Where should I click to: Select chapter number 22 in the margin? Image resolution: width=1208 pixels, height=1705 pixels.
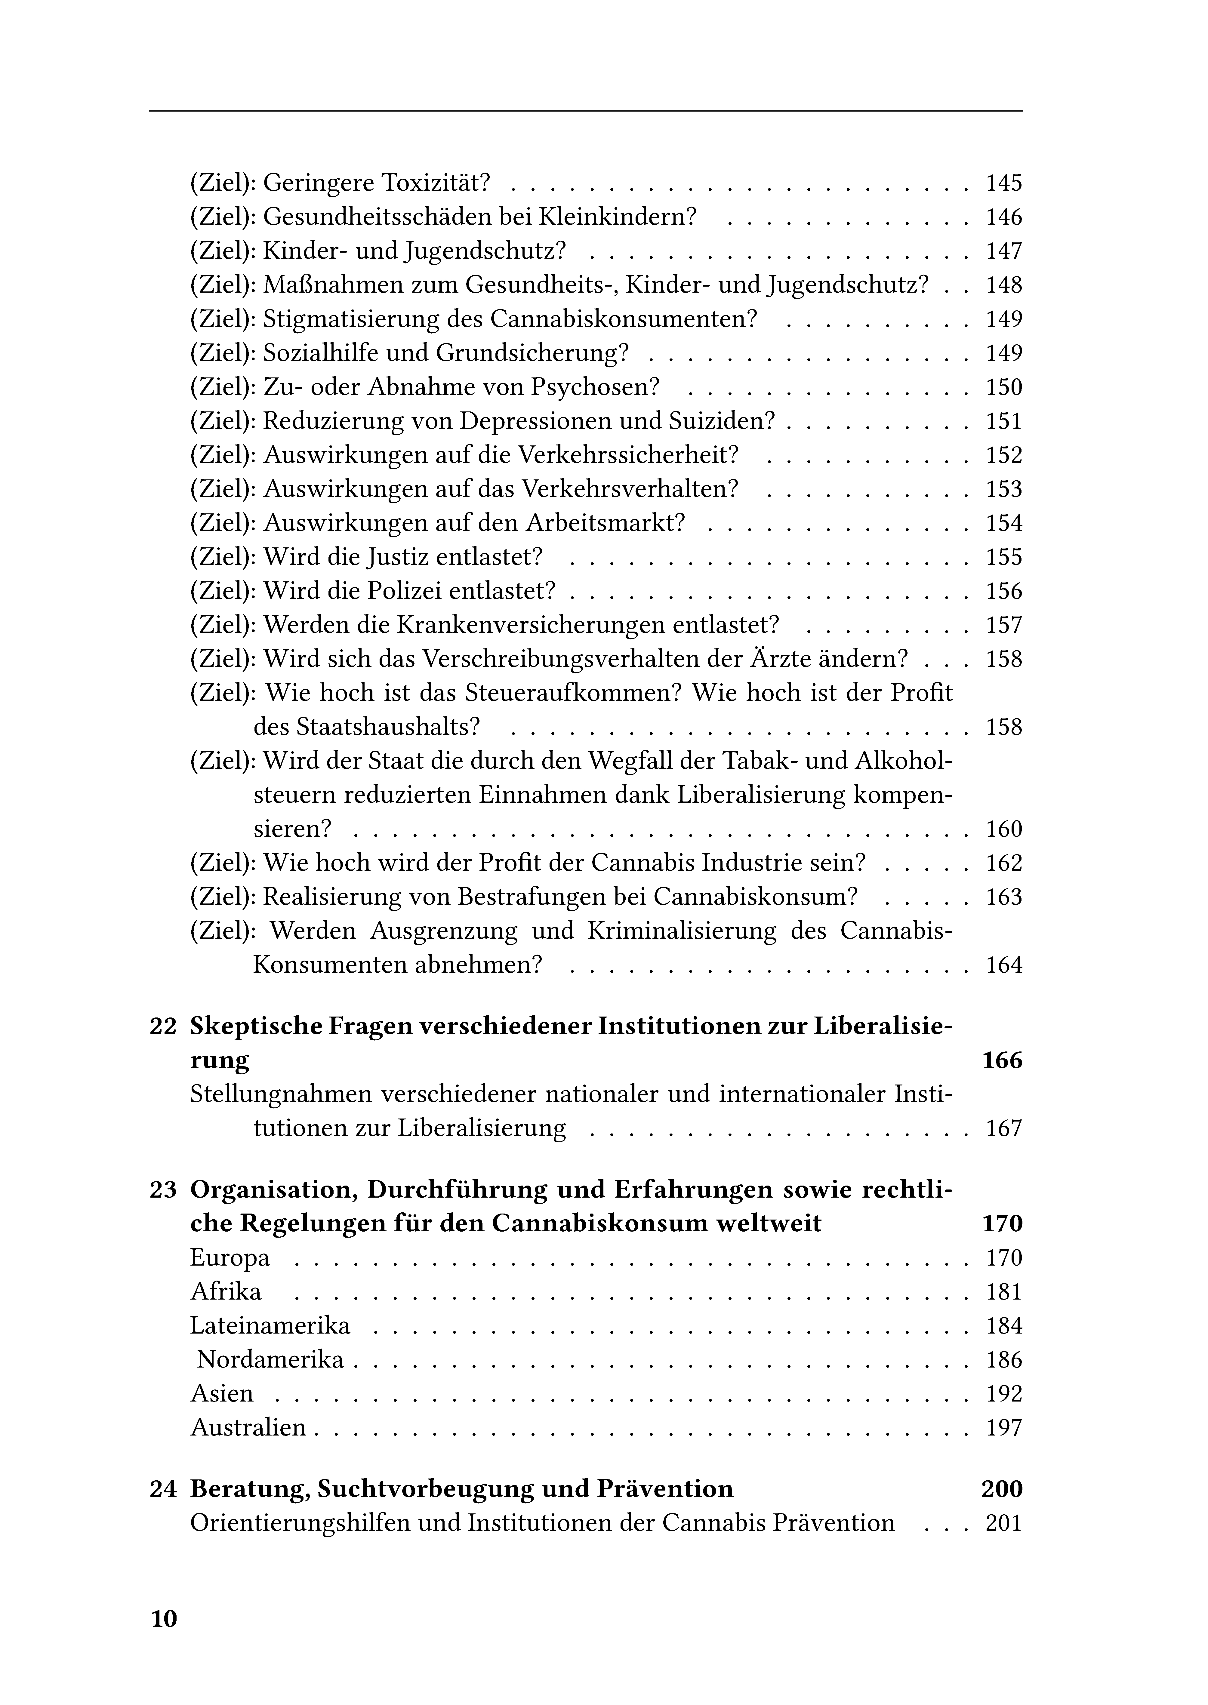tap(163, 1027)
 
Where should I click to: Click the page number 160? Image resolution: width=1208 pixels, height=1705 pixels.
tap(1003, 829)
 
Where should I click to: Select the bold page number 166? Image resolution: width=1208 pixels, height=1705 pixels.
tap(1002, 1061)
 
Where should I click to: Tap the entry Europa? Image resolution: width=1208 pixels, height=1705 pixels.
tap(230, 1258)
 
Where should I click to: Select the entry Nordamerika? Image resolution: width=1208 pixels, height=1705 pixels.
tap(271, 1360)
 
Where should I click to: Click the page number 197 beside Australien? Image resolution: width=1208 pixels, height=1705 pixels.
tap(1003, 1428)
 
